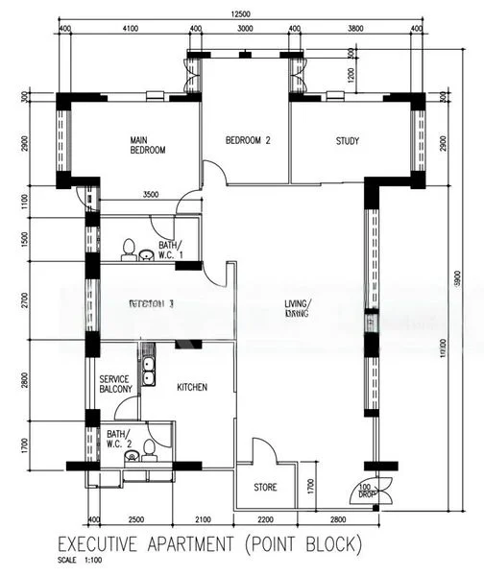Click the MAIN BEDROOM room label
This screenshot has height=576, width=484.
tap(149, 145)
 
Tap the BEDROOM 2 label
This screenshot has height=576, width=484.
tap(248, 140)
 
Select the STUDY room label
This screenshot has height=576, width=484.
tap(348, 141)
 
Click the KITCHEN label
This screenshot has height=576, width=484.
tap(192, 387)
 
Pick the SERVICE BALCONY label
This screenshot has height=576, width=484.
tap(121, 385)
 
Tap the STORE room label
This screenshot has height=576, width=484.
tap(266, 487)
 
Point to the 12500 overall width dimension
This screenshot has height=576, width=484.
tap(240, 13)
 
